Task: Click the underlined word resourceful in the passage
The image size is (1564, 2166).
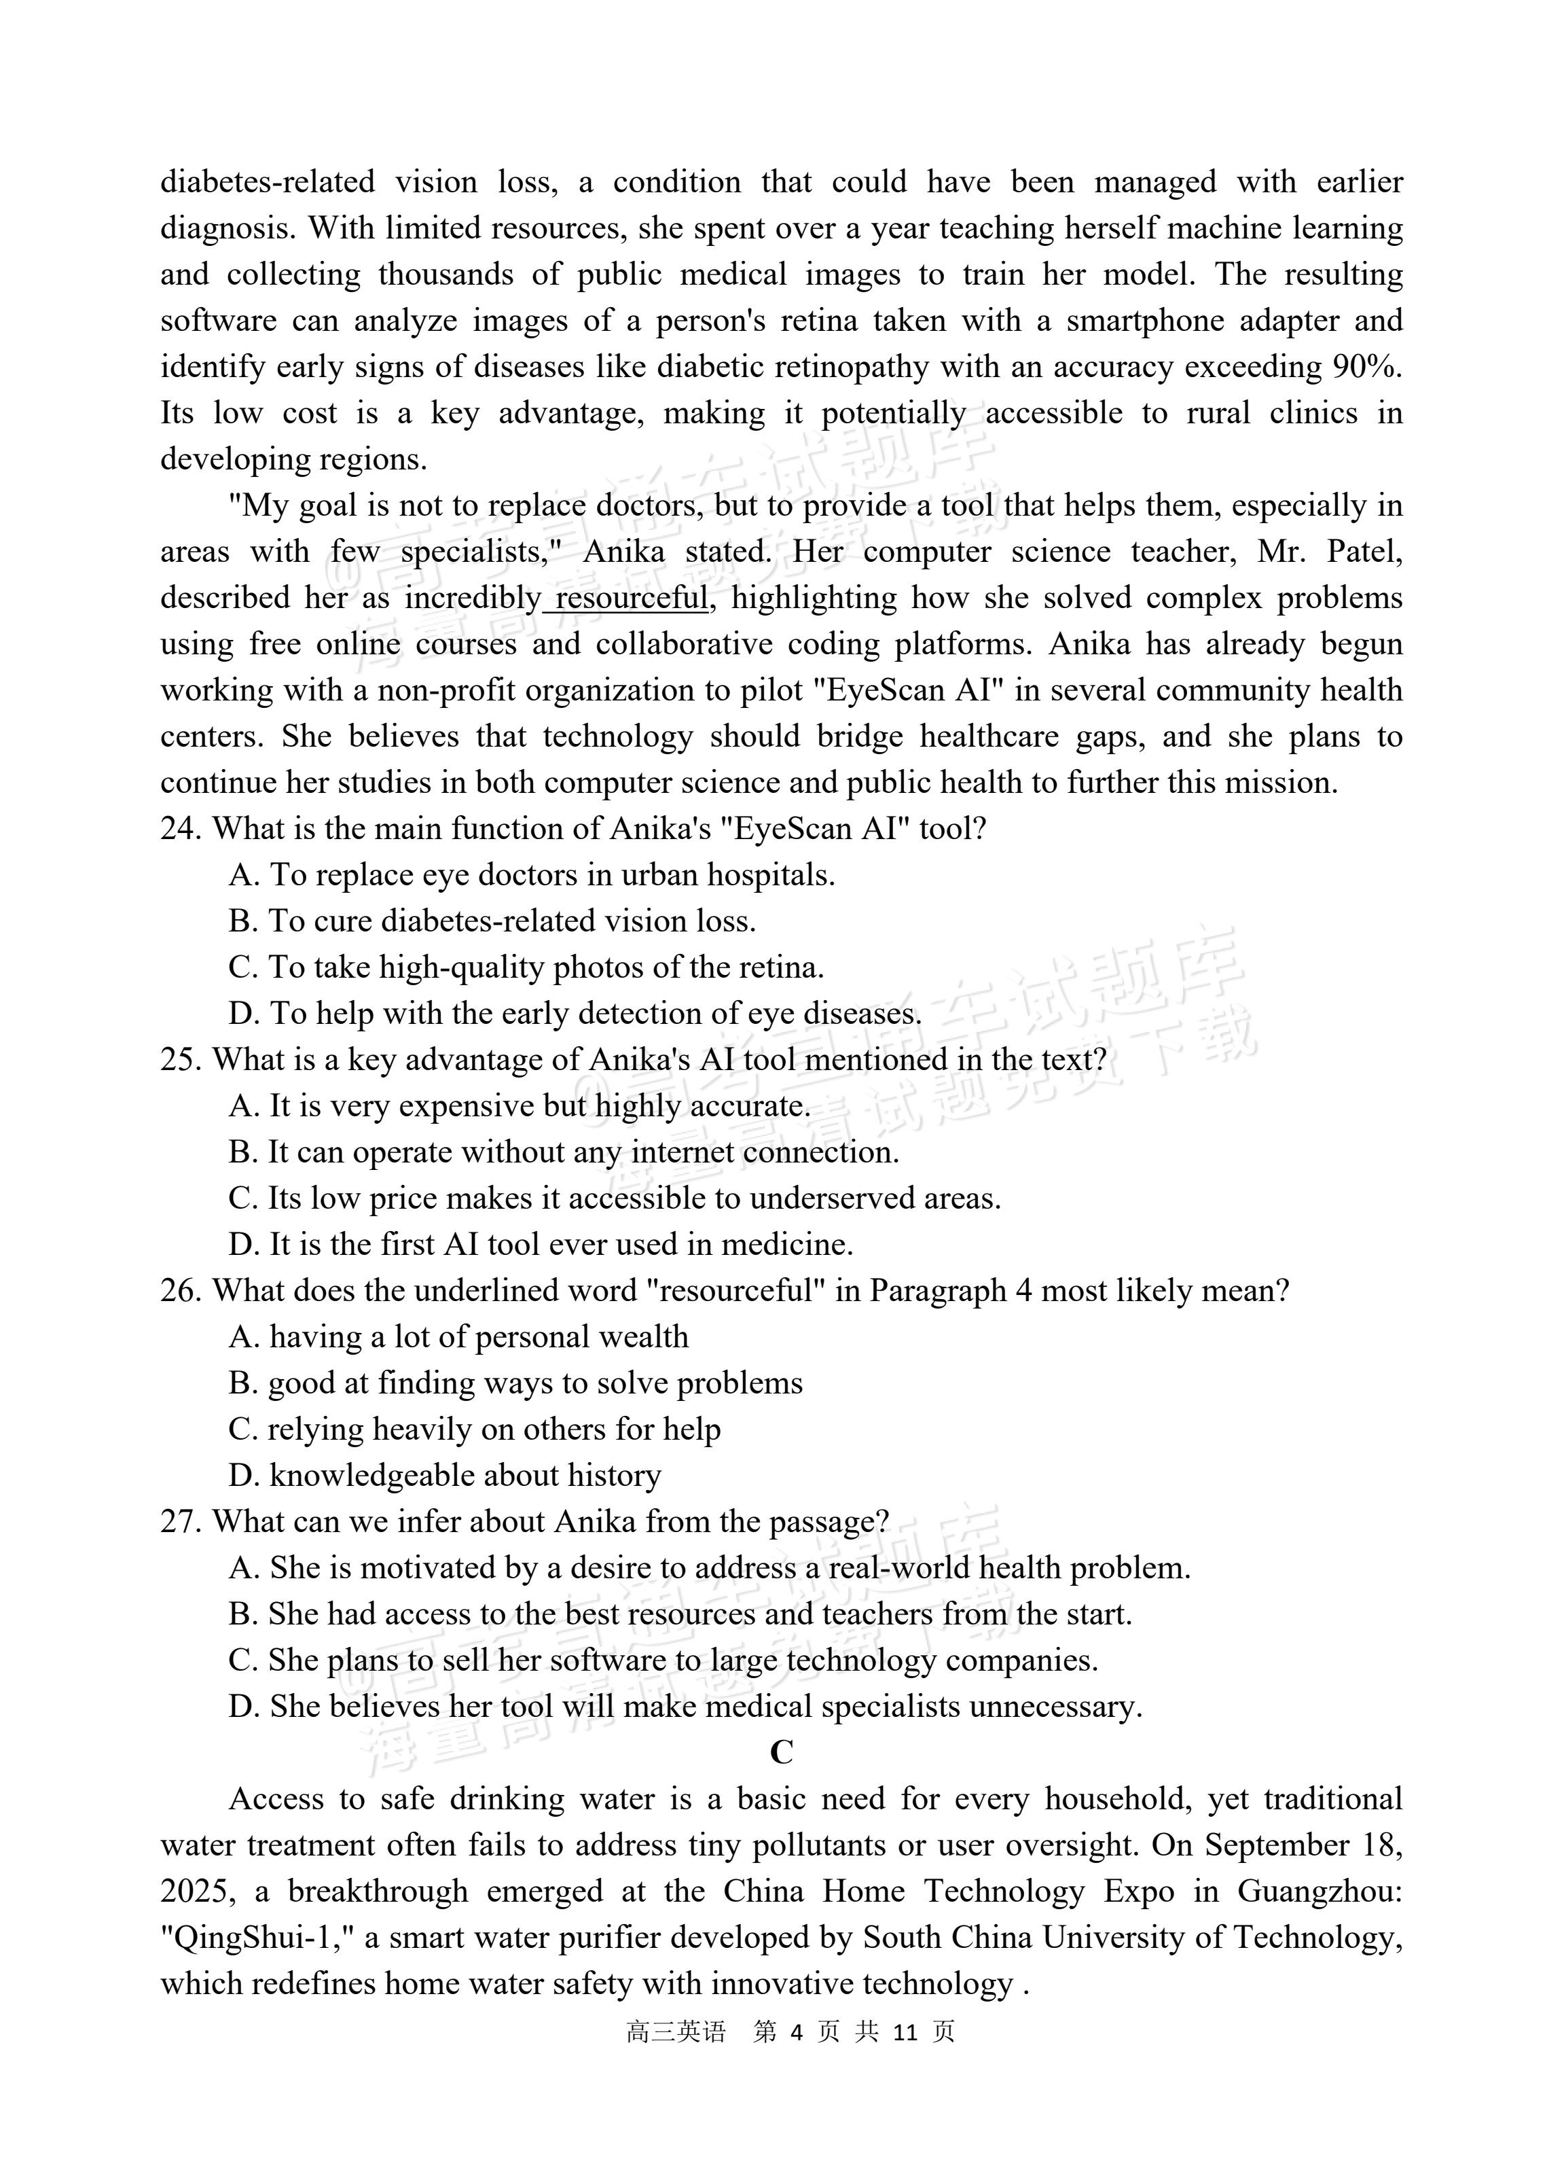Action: point(632,598)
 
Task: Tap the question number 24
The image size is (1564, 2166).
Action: point(179,829)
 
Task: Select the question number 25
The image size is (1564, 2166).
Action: point(179,1060)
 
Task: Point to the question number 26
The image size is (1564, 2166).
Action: point(179,1291)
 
